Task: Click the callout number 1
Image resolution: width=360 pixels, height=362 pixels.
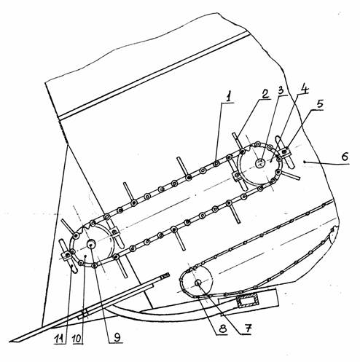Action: click(x=228, y=98)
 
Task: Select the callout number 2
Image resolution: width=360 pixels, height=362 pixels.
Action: click(x=265, y=94)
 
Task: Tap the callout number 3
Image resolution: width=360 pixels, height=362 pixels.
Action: click(x=281, y=91)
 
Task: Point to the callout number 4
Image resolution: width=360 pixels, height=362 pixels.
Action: click(x=304, y=89)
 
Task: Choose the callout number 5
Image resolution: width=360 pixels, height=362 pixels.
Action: click(x=320, y=104)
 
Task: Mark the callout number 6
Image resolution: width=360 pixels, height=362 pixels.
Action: click(x=345, y=157)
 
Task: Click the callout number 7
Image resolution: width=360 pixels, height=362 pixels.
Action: click(x=247, y=329)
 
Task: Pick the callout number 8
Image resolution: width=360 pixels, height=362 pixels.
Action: click(x=223, y=329)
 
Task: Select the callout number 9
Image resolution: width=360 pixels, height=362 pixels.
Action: click(x=117, y=338)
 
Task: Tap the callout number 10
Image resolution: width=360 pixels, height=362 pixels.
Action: click(x=77, y=339)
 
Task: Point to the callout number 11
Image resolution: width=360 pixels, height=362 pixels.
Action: click(x=60, y=339)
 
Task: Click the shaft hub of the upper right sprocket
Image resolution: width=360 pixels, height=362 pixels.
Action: click(x=260, y=163)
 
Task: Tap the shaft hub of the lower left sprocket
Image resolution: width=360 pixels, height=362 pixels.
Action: click(x=92, y=243)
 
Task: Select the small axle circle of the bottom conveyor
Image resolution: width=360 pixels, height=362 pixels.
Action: click(x=198, y=283)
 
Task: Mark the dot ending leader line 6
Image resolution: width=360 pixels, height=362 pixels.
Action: click(x=305, y=162)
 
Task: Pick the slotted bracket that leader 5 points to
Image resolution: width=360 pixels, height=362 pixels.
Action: click(x=285, y=152)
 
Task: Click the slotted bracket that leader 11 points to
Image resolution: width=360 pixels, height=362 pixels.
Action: click(x=68, y=256)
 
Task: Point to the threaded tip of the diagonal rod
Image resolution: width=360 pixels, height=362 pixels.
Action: click(x=165, y=275)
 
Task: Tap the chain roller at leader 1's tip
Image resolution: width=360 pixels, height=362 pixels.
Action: click(x=216, y=164)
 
